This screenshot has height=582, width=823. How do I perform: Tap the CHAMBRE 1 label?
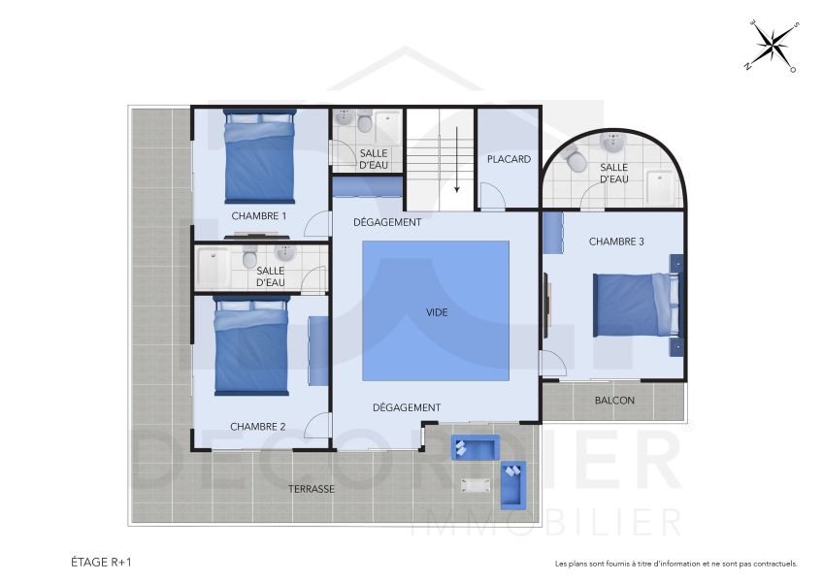(258, 216)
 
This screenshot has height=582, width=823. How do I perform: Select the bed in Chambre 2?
(251, 347)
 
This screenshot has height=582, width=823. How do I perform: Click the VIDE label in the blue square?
(436, 312)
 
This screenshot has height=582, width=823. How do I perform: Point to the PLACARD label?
(509, 159)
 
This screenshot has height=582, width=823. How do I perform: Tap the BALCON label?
(614, 400)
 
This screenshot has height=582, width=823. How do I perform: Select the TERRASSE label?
(311, 489)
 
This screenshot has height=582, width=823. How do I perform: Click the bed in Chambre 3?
(635, 304)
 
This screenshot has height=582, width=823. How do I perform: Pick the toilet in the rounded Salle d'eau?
(574, 159)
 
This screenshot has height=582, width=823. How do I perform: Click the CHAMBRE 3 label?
(616, 242)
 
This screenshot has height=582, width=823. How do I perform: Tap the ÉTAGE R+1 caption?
(102, 562)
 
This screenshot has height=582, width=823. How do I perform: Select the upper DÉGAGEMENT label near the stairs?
(387, 222)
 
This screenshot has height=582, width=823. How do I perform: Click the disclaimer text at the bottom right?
(675, 563)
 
